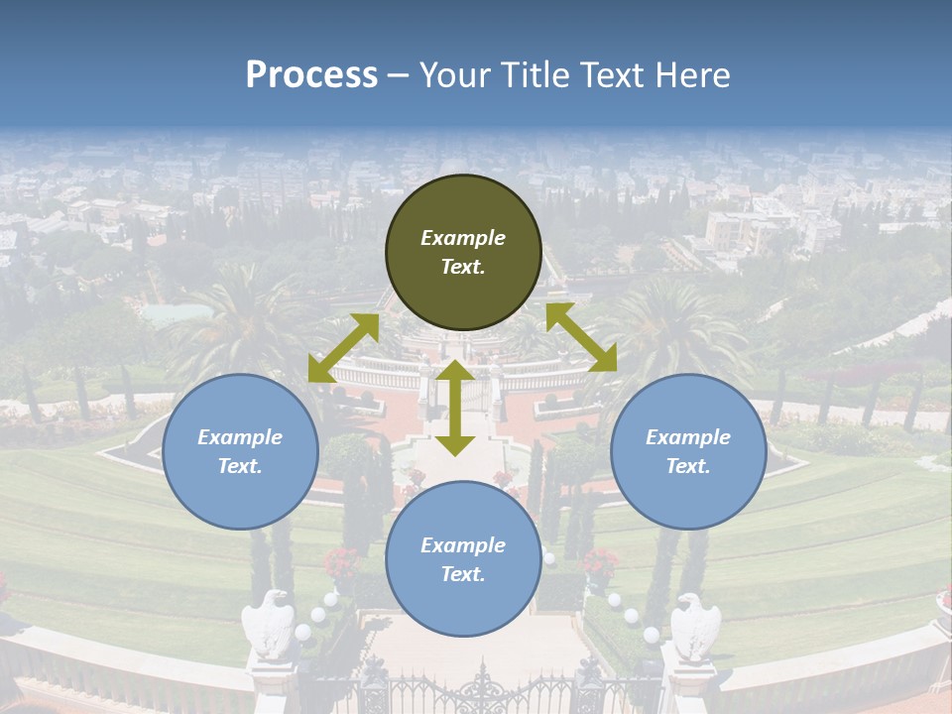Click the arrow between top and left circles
pyautogui.click(x=343, y=348)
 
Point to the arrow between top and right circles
pyautogui.click(x=581, y=337)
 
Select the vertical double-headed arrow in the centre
pyautogui.click(x=455, y=408)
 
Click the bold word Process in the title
pyautogui.click(x=311, y=74)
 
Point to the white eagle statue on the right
pyautogui.click(x=695, y=625)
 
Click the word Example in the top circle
pyautogui.click(x=463, y=238)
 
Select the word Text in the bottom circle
pyautogui.click(x=463, y=574)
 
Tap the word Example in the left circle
pyautogui.click(x=240, y=437)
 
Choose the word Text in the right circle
pyautogui.click(x=688, y=466)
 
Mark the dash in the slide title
pyautogui.click(x=399, y=74)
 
